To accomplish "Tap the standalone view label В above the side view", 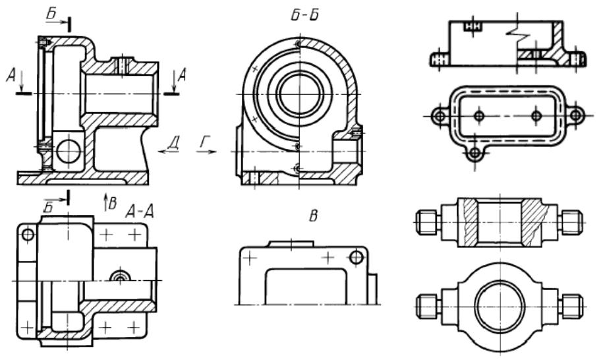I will click(x=306, y=214).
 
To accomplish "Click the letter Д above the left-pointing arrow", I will click(x=173, y=140).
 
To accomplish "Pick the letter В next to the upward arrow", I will click(x=113, y=203).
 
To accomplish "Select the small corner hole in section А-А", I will click(x=27, y=235).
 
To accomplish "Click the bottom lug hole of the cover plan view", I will click(x=473, y=153).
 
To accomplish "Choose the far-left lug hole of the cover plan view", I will click(x=438, y=115).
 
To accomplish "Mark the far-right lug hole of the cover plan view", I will click(x=576, y=115).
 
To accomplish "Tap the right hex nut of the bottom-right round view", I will click(x=572, y=305).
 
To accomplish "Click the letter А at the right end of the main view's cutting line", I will click(x=183, y=76).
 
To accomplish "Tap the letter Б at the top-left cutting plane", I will click(x=53, y=11).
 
